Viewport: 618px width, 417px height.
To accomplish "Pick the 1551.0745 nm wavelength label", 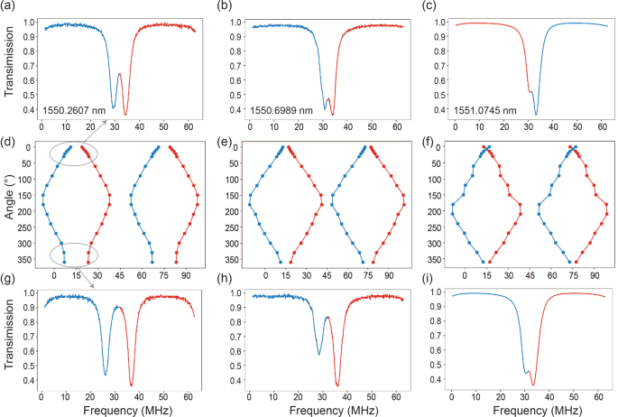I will [487, 109].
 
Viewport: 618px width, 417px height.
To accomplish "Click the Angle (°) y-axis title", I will [8, 203].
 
